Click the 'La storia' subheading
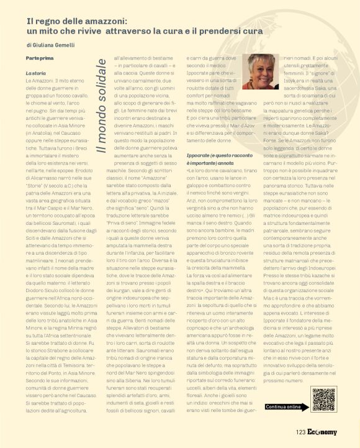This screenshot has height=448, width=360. click(x=35, y=73)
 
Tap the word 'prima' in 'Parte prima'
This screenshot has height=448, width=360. click(x=45, y=57)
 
